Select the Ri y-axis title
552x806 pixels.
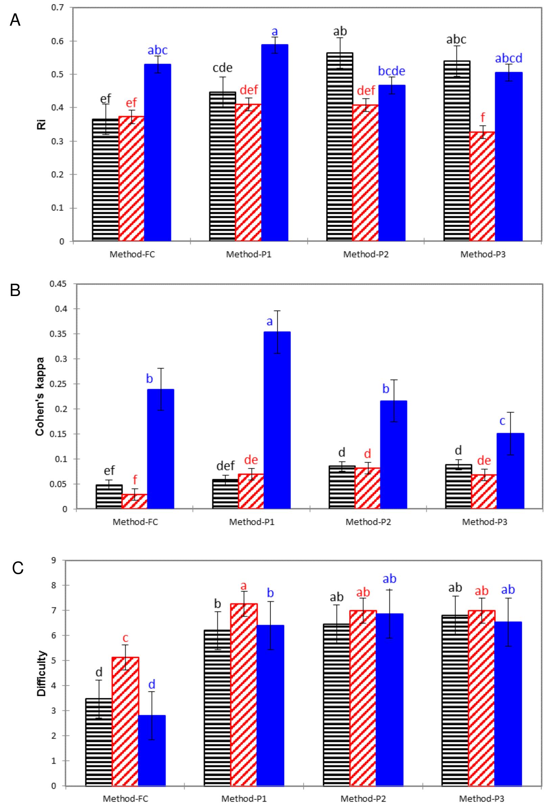(42, 124)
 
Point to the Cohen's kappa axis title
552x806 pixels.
(41, 396)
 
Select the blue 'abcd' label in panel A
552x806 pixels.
(508, 58)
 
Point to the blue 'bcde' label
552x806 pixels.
(391, 71)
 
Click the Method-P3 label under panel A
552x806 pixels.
(483, 254)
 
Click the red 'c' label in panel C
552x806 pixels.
(126, 637)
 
